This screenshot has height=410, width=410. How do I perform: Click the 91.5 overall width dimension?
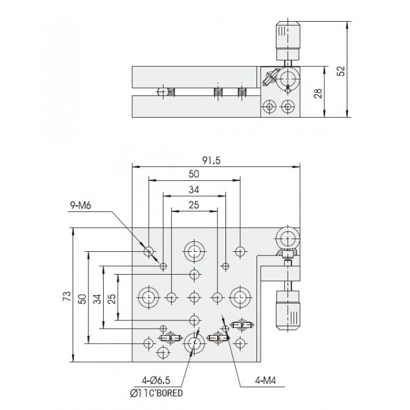(x=211, y=160)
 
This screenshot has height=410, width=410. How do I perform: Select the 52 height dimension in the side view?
(x=341, y=71)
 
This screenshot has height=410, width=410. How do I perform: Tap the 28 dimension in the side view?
(x=318, y=93)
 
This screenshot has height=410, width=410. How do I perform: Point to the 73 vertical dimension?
(x=67, y=296)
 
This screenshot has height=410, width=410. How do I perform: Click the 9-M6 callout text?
(x=81, y=205)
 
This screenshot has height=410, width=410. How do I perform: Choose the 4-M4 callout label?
(x=265, y=381)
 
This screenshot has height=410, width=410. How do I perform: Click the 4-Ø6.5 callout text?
(x=156, y=380)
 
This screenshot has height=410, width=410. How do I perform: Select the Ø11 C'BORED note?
(x=156, y=393)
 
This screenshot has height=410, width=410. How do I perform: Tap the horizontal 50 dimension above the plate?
(x=194, y=174)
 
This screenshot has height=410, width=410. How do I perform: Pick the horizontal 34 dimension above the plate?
(x=194, y=190)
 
